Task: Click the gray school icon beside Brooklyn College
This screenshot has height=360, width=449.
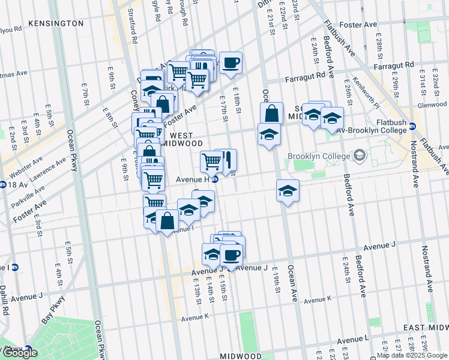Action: (360, 156)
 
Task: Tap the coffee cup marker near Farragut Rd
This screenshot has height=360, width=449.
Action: (230, 63)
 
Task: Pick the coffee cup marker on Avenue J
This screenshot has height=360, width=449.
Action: (231, 255)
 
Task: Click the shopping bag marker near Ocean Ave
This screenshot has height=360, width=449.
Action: (271, 113)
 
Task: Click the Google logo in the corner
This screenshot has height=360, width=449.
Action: (20, 353)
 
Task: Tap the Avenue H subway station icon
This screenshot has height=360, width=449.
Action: (215, 179)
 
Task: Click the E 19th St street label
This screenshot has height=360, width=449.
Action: (277, 280)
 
